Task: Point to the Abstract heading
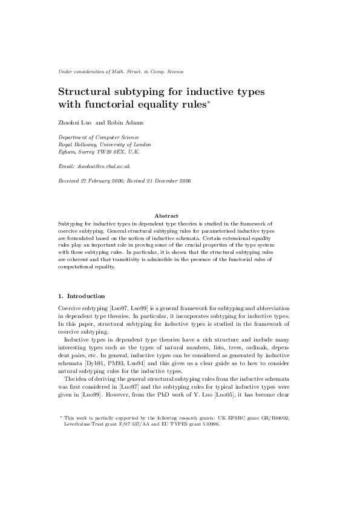[166, 215]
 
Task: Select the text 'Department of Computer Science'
[93, 137]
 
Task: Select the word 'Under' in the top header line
[64, 71]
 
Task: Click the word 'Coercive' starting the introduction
[71, 307]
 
